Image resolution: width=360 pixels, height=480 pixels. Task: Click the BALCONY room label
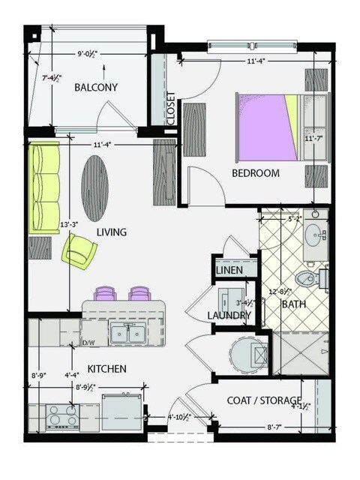coord(96,88)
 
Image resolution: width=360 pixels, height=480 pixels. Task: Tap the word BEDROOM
coord(255,173)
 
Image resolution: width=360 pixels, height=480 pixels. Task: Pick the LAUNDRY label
coord(229,316)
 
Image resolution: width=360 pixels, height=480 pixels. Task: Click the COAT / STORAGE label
coord(264,400)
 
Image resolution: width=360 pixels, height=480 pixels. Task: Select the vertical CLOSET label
coord(172,109)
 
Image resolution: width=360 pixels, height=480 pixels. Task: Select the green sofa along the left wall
coord(43,187)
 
